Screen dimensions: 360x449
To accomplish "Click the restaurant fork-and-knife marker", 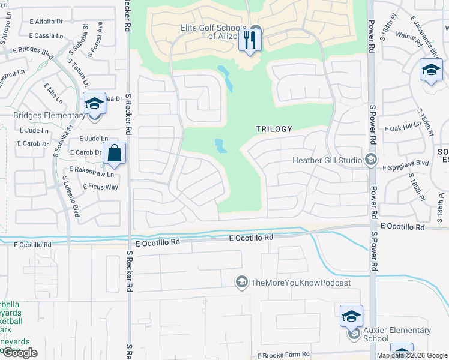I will click(x=249, y=41).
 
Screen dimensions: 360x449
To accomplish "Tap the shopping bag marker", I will click(x=115, y=154).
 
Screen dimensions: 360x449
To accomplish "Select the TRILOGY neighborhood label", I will click(x=274, y=129).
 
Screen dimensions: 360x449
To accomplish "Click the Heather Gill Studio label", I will click(x=327, y=160).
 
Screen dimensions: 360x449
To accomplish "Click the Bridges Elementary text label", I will click(x=50, y=115).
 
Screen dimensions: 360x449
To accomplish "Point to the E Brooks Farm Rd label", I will click(x=283, y=355).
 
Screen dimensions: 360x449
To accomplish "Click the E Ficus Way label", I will click(x=94, y=187).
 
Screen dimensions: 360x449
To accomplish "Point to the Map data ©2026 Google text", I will click(x=411, y=355).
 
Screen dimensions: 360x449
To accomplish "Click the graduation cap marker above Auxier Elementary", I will click(x=351, y=316).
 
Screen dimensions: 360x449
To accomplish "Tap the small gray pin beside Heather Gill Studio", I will click(x=371, y=160).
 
